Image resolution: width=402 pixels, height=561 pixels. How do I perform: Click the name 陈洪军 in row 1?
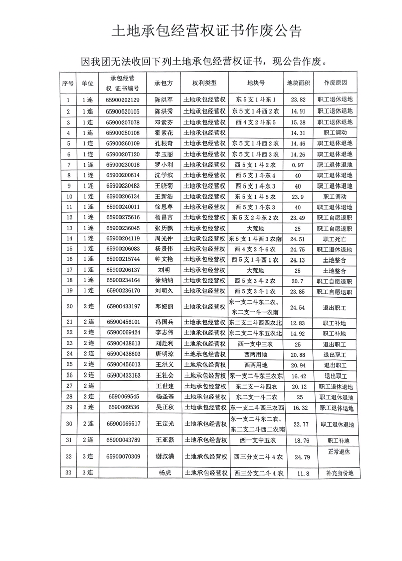point(163,100)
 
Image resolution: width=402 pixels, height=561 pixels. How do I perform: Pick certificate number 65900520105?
point(123,111)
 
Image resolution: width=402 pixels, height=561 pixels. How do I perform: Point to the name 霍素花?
point(163,133)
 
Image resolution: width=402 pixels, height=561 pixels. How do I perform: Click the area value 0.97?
point(298,165)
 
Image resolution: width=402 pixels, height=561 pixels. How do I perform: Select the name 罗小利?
point(163,165)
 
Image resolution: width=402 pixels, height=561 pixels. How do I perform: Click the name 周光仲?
point(163,238)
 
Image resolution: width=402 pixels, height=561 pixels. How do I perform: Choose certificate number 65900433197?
point(123,307)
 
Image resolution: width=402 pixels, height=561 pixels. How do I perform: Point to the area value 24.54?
point(298,307)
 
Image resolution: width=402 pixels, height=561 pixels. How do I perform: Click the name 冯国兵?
point(163,322)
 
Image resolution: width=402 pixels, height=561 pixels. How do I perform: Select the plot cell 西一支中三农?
point(255,343)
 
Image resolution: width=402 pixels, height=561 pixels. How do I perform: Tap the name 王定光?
point(163,424)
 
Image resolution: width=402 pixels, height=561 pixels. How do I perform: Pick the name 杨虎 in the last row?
point(163,473)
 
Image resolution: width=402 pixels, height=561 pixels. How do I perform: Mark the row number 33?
point(68,473)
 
